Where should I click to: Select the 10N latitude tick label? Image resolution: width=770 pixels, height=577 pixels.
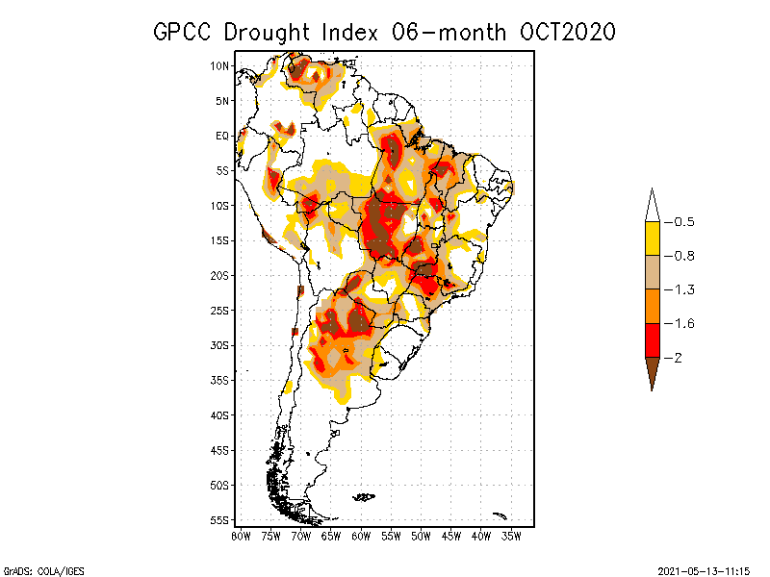pos(220,65)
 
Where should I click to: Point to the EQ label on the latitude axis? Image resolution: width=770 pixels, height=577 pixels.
pos(222,136)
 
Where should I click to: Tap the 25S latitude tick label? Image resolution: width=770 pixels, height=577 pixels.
pos(220,310)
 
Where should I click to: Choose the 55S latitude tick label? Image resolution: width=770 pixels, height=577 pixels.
pos(220,519)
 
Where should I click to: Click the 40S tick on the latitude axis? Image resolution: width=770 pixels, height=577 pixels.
pos(220,414)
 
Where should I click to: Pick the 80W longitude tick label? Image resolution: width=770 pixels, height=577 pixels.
pos(241,536)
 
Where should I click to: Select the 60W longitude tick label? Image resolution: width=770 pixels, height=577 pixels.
pos(361,536)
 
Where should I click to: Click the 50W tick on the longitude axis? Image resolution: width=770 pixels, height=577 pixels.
pos(421,536)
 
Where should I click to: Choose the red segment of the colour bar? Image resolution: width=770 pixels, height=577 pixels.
pos(652,339)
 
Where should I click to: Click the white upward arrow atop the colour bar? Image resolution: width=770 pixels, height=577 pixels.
pos(652,205)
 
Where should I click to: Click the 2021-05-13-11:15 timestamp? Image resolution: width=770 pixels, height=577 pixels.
pos(704,569)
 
